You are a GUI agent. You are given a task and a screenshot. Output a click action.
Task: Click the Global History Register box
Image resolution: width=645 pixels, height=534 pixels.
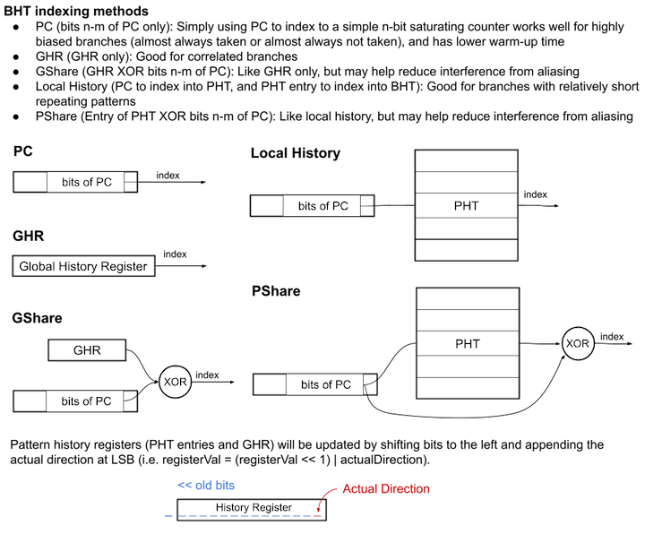[x=84, y=266]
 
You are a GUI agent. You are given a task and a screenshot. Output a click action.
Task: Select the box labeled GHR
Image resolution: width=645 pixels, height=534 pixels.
[x=86, y=350]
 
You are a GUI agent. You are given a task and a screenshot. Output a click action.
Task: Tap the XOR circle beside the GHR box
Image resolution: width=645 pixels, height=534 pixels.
[x=175, y=382]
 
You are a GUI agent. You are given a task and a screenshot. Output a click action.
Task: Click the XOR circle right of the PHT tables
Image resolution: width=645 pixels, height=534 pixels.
[x=578, y=342]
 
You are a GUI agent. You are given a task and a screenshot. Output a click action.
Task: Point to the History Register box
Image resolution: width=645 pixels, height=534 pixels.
[x=252, y=509]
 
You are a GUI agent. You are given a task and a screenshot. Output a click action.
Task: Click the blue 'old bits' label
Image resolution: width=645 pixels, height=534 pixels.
[x=205, y=486]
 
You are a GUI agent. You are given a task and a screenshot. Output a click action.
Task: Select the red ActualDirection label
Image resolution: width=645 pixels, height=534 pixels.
[x=386, y=489]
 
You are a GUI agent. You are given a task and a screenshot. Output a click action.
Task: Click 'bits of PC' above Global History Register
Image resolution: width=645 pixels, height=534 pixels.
[x=86, y=182]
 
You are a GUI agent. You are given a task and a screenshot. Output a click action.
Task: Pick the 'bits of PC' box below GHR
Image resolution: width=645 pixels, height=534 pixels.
[x=86, y=401]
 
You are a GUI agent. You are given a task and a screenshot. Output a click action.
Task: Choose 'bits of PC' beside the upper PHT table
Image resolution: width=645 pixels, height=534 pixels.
[x=322, y=206]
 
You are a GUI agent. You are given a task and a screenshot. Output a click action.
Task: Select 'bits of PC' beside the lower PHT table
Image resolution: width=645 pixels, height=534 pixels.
[x=325, y=384]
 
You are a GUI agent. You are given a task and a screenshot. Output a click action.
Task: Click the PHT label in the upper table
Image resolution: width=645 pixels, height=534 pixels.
[x=466, y=206]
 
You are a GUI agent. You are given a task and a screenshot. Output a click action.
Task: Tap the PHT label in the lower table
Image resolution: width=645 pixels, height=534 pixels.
[x=467, y=344]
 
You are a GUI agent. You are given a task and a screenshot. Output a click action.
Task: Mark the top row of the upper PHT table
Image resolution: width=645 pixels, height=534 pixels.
[x=466, y=161]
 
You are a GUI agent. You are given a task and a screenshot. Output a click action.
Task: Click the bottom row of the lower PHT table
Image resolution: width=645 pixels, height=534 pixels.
[x=467, y=388]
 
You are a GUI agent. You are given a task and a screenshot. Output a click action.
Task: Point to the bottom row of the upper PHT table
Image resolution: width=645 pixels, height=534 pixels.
[x=466, y=250]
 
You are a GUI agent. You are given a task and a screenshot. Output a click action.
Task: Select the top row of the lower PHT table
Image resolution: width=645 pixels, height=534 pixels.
[x=467, y=299]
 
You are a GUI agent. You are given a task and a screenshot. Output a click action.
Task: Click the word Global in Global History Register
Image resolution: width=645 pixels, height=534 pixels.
[x=36, y=266]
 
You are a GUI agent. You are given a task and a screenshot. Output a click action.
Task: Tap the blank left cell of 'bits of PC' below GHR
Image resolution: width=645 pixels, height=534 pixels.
[x=30, y=401]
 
